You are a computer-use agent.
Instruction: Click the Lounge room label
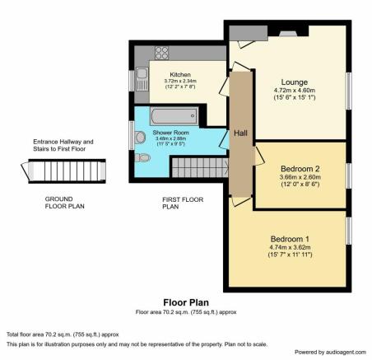click(x=295, y=82)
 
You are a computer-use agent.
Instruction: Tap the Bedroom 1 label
click(x=290, y=239)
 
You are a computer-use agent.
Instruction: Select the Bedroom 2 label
click(x=300, y=169)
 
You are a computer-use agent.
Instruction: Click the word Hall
click(x=240, y=133)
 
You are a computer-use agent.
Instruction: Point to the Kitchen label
click(x=180, y=75)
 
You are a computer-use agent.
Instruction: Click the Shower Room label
click(x=170, y=133)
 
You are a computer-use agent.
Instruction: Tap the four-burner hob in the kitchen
click(x=161, y=53)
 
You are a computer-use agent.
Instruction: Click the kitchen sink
click(x=142, y=79)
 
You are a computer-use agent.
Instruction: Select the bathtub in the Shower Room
click(x=174, y=116)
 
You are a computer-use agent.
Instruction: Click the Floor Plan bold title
click(x=186, y=302)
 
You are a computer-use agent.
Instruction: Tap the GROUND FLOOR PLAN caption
click(x=64, y=203)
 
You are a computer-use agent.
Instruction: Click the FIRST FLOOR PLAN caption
click(x=183, y=203)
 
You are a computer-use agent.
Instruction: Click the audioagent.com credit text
click(x=330, y=352)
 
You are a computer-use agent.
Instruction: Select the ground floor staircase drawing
click(x=63, y=171)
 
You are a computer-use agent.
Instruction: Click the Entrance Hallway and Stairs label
click(x=63, y=145)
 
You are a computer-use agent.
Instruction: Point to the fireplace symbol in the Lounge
click(x=288, y=34)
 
